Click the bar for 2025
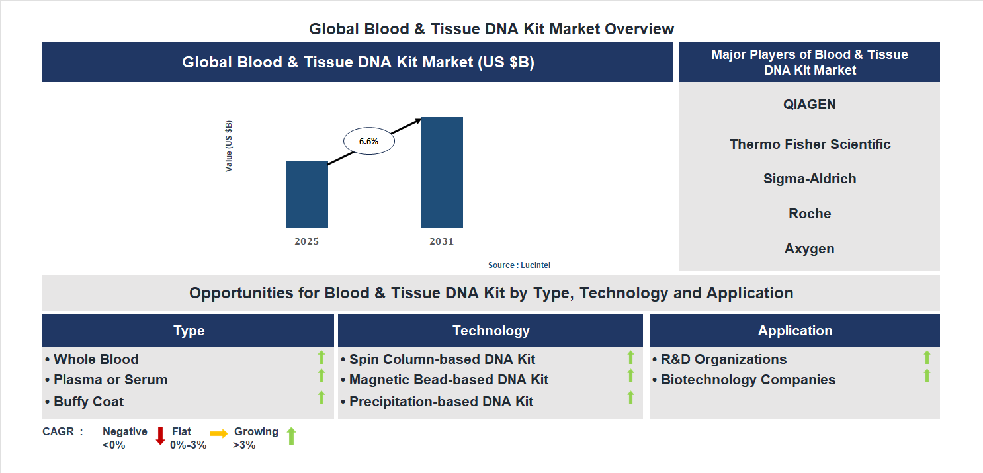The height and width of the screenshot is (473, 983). coord(306,194)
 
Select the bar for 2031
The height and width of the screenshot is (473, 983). coord(441,173)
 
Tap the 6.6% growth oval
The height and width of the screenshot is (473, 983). coord(368,141)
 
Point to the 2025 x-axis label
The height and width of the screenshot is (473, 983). coord(306,241)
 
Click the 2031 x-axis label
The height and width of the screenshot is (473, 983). coord(441,241)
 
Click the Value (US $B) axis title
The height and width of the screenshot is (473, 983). coord(229,146)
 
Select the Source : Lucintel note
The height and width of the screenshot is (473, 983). coord(519,265)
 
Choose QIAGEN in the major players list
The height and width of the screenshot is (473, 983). coord(809,105)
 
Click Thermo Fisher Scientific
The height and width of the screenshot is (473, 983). coord(810,144)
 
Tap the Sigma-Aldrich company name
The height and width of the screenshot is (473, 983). coord(810,179)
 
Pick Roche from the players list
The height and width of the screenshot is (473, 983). coord(810,214)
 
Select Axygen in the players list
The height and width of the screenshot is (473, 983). coord(809,249)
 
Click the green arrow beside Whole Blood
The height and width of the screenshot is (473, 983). coord(321,357)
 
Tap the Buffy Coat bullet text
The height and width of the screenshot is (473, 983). coord(88,402)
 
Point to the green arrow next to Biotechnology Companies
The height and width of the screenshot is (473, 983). coord(927,376)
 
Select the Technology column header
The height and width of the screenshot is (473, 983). coord(490,331)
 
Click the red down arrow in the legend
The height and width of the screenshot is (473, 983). coord(160,436)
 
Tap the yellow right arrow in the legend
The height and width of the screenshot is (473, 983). coord(219,433)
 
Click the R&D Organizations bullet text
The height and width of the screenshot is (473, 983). coord(723,359)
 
